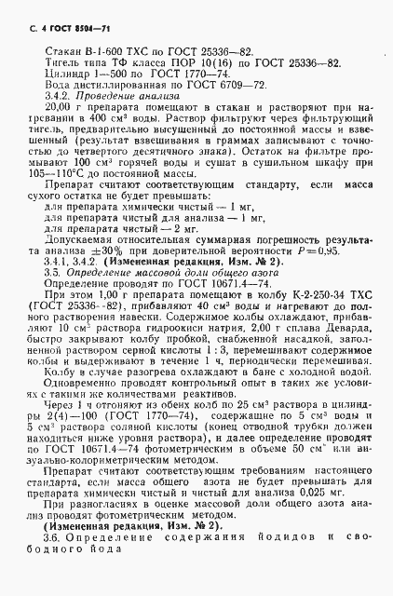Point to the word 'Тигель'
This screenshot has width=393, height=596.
pyautogui.click(x=61, y=68)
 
